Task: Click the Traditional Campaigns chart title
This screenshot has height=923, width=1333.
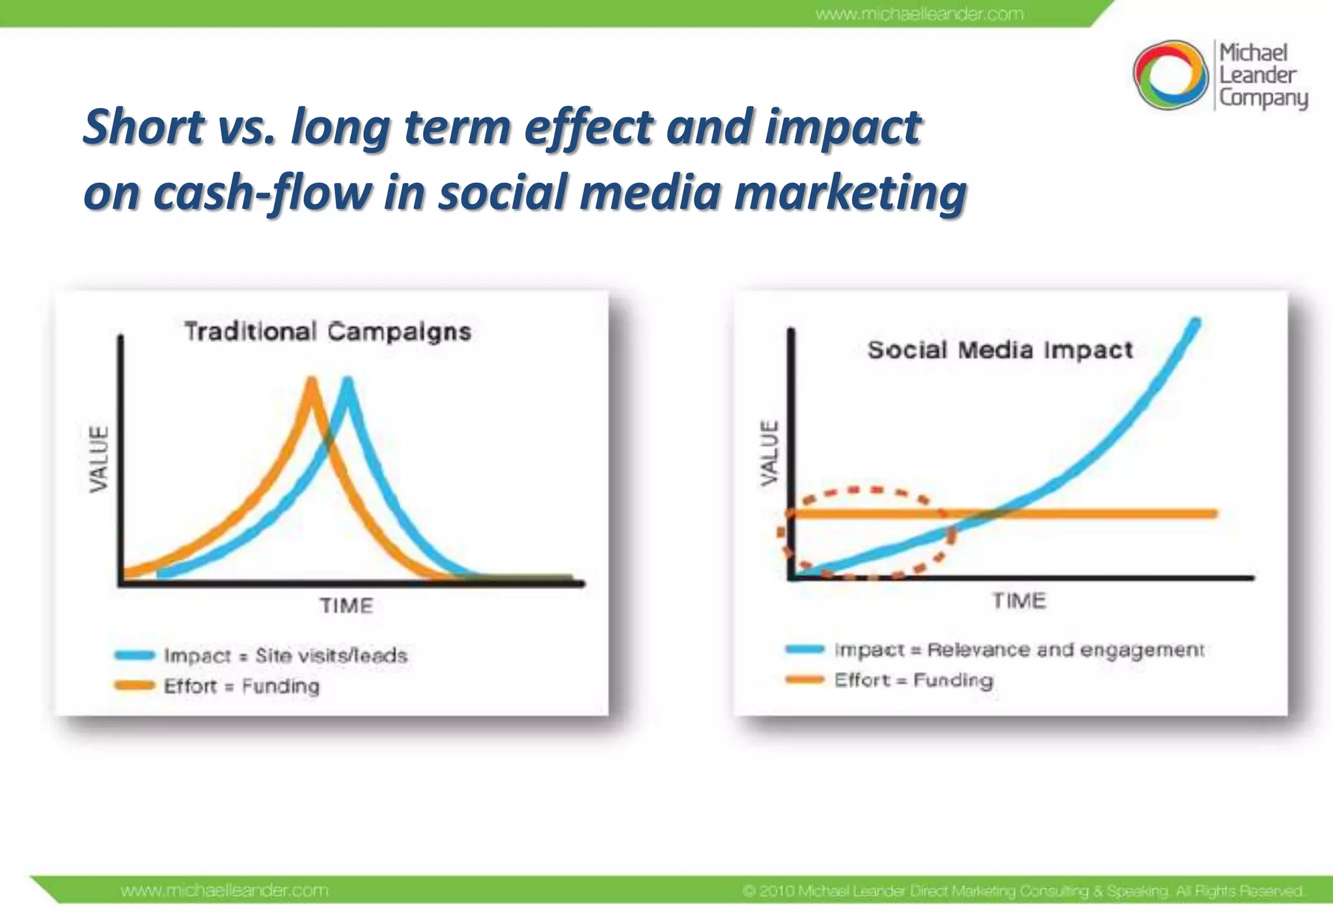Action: tap(327, 332)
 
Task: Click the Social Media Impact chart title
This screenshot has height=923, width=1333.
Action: tap(1000, 350)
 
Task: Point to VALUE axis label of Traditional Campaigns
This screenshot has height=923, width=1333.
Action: tap(99, 459)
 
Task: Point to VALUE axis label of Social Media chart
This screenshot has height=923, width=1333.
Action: tap(770, 452)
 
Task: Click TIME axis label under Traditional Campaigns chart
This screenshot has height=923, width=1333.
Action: tap(346, 606)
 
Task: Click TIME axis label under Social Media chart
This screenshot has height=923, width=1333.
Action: tap(1019, 601)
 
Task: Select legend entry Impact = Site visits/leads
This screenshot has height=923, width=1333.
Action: tap(285, 655)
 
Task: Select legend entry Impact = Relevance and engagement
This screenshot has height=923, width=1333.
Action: tap(1019, 650)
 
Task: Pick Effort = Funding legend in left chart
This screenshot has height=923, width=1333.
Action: tap(241, 686)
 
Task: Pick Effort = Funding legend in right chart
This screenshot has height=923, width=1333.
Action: tap(913, 680)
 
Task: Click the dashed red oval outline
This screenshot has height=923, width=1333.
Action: tap(875, 489)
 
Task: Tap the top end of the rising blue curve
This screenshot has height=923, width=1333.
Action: tap(1195, 322)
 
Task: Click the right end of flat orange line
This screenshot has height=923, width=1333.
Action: tap(1213, 514)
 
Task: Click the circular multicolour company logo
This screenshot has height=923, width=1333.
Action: tap(1170, 75)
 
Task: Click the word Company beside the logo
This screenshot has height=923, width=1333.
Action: tap(1263, 98)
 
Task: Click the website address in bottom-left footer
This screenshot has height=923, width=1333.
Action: tap(225, 890)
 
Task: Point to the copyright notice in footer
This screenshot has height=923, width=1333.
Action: tap(1023, 890)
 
